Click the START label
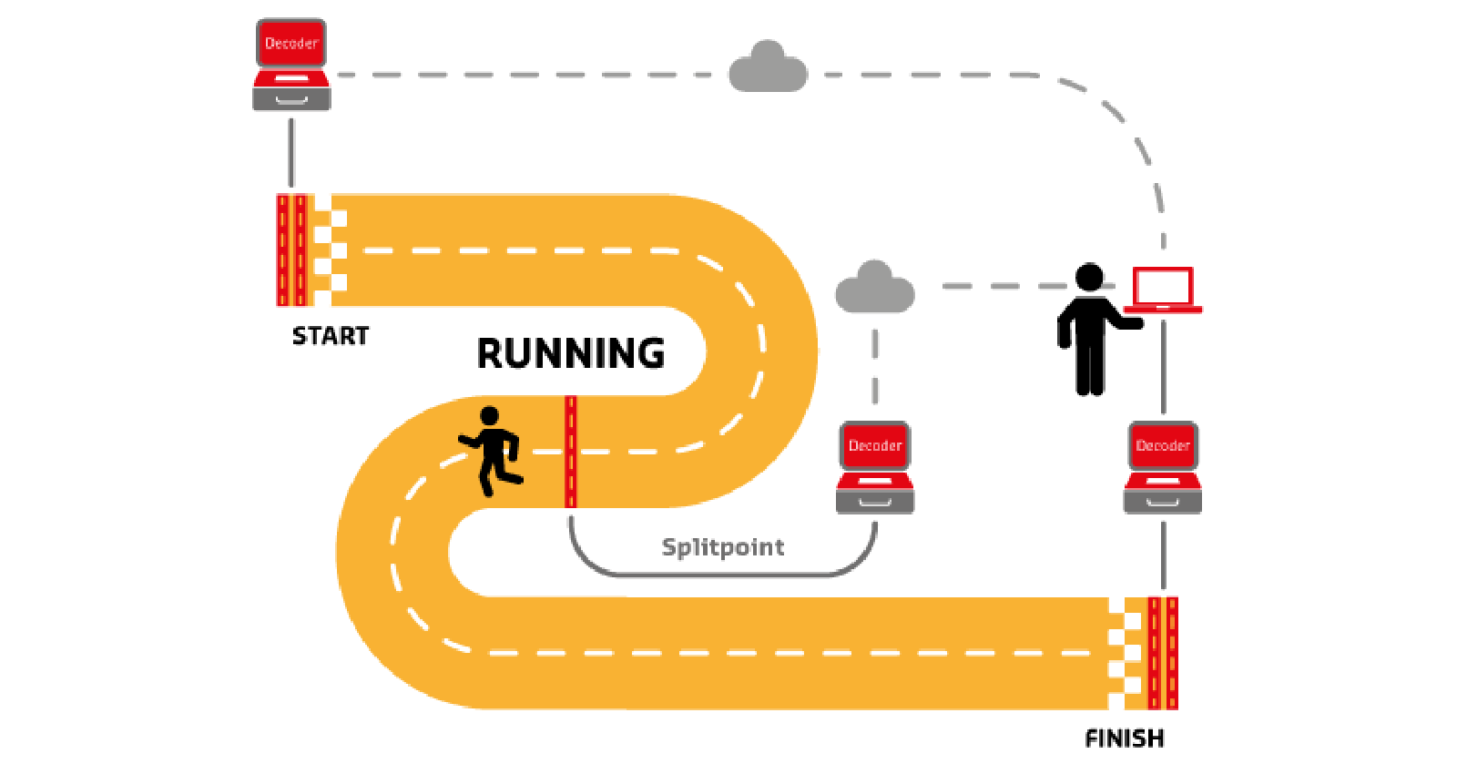tap(331, 336)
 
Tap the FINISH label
tap(1125, 738)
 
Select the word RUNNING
tap(571, 353)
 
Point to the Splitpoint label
tap(722, 547)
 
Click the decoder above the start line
tap(291, 66)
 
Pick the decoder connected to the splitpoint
tap(875, 467)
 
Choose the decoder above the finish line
tap(1163, 467)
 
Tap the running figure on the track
tap(493, 452)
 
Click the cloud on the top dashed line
tap(768, 68)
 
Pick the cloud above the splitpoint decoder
tap(874, 288)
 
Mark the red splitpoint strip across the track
tap(571, 452)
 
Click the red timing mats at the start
tap(291, 250)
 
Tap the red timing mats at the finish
tap(1163, 652)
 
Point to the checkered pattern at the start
tap(330, 250)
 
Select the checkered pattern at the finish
tap(1125, 652)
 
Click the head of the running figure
tap(490, 416)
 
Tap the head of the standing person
tap(1090, 277)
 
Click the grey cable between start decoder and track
tap(291, 152)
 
